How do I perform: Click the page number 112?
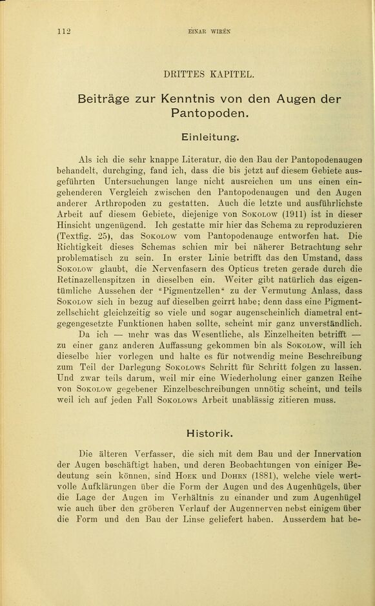(63, 30)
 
